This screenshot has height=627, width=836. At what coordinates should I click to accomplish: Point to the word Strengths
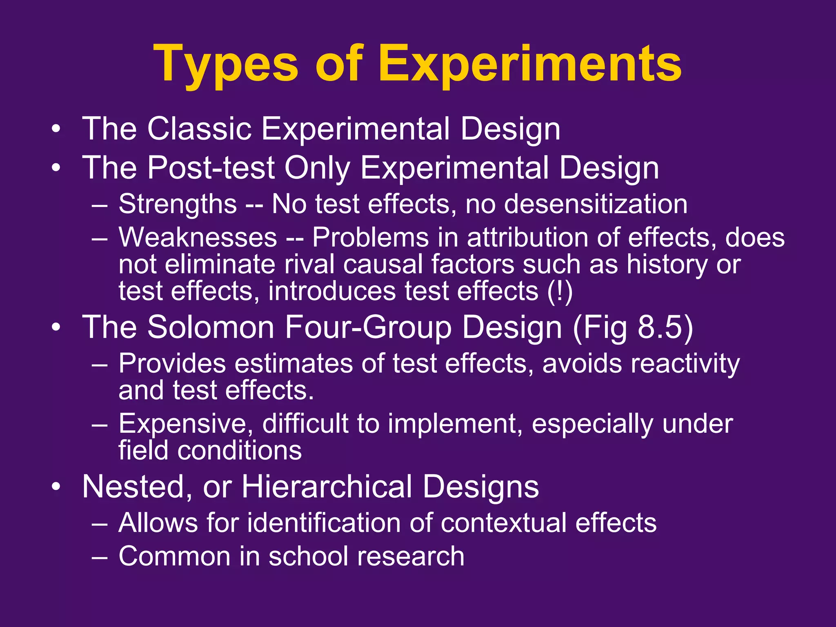tap(178, 204)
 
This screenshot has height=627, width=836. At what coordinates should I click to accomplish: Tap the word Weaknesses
tap(198, 238)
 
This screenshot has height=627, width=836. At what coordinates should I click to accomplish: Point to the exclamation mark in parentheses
tap(560, 291)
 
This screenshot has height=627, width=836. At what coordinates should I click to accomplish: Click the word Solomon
tap(210, 327)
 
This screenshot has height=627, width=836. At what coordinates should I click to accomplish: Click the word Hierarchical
tap(327, 487)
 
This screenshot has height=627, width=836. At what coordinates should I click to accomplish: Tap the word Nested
tap(133, 487)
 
